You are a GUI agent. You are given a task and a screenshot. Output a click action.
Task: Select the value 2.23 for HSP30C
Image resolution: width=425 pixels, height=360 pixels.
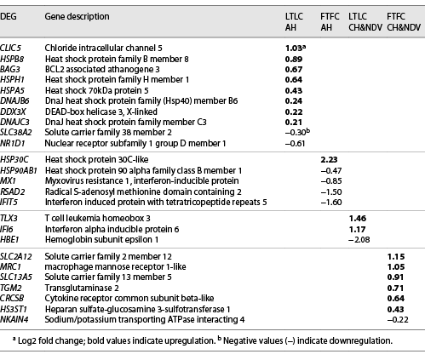point(330,159)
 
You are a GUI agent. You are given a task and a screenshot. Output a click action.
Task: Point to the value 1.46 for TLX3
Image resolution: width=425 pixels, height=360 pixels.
point(361,219)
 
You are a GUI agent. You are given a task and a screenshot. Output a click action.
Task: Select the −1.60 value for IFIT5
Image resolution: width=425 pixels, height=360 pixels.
point(330,203)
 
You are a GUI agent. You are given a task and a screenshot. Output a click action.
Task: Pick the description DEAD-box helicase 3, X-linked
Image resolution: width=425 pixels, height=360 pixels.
point(100,112)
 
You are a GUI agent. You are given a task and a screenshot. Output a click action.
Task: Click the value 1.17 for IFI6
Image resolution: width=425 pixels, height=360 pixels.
point(361,230)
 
